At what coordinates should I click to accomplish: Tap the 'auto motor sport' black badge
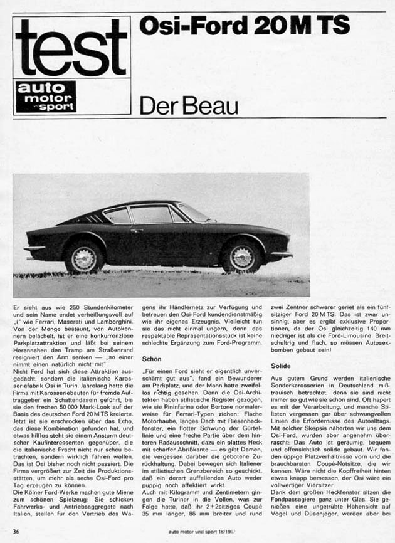point(46,96)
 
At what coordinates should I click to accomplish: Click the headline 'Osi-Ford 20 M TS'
point(245,26)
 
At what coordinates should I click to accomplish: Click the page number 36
point(18,532)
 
